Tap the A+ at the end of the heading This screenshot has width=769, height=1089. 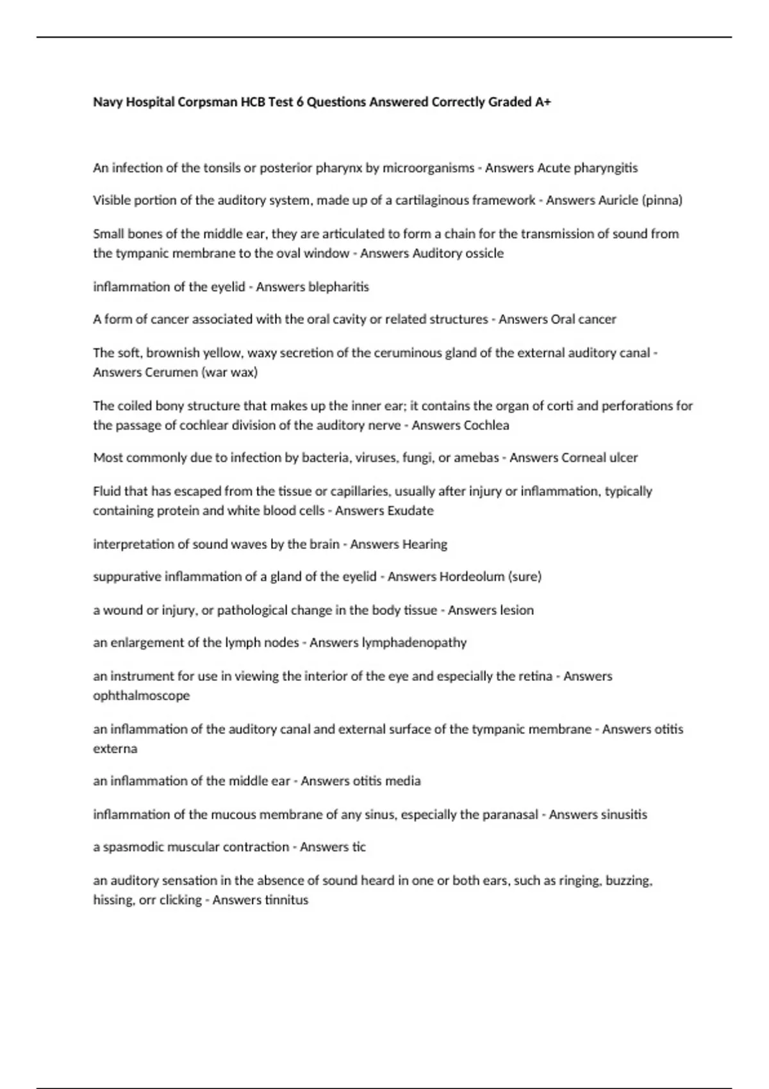[543, 102]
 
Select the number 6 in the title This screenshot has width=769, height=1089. [299, 102]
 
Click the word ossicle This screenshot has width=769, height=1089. [484, 253]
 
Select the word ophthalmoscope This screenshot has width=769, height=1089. [141, 696]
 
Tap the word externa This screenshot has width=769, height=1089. [115, 748]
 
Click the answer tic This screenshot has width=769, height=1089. [359, 847]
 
